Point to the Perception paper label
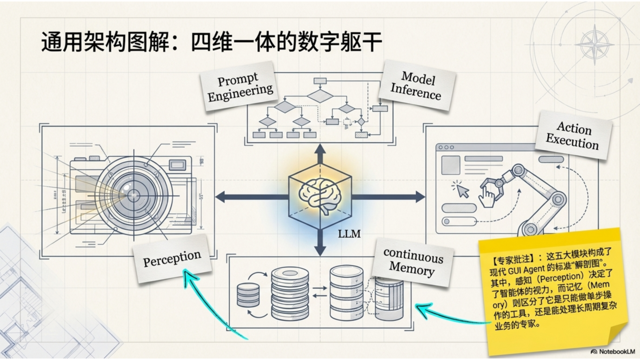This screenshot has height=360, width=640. (x=172, y=258)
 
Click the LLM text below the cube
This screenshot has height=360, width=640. (x=349, y=234)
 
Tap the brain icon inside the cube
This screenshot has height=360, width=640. (x=319, y=194)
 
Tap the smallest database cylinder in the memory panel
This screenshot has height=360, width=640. (x=248, y=295)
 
